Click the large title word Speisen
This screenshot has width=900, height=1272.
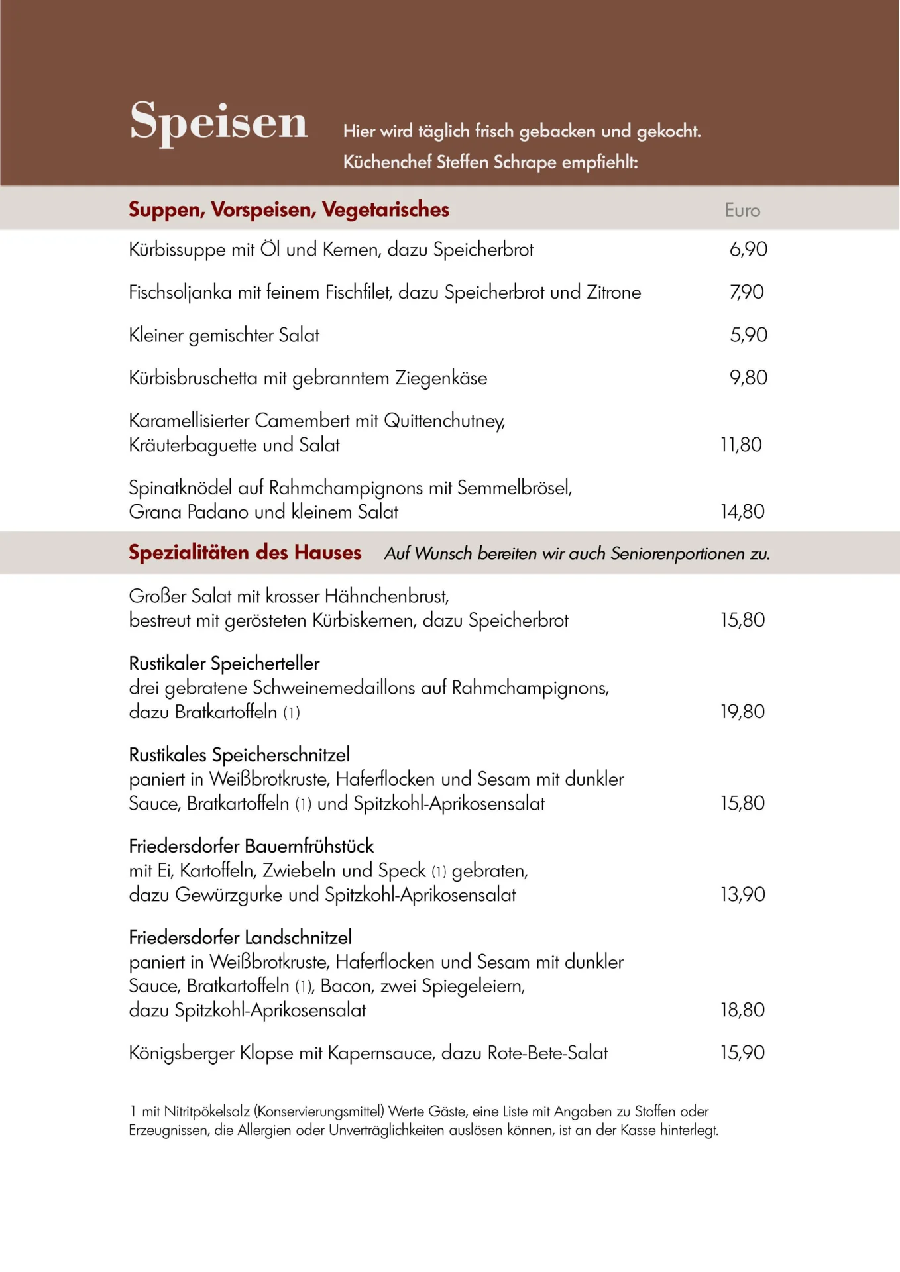219,122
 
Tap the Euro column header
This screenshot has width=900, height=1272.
742,211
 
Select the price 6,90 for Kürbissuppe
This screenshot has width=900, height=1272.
748,250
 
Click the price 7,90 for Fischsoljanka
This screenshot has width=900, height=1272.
747,292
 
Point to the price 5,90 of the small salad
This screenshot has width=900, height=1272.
748,335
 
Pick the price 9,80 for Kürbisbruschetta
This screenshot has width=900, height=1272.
748,378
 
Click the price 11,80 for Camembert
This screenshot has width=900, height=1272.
741,445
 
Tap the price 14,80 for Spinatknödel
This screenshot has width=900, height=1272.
742,511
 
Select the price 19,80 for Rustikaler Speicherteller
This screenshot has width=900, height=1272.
742,712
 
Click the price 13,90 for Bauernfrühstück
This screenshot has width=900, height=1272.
742,894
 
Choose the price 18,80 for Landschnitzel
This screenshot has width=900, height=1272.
742,1010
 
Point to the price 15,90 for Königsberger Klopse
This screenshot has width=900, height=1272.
742,1053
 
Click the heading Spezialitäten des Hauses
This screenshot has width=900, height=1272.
245,553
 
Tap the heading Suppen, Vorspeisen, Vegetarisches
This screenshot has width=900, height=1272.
288,210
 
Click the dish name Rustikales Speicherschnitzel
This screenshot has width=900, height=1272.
239,755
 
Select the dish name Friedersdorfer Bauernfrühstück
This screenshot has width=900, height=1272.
251,846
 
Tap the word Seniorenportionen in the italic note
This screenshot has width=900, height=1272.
678,554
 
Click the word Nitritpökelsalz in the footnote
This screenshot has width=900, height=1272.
207,1111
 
